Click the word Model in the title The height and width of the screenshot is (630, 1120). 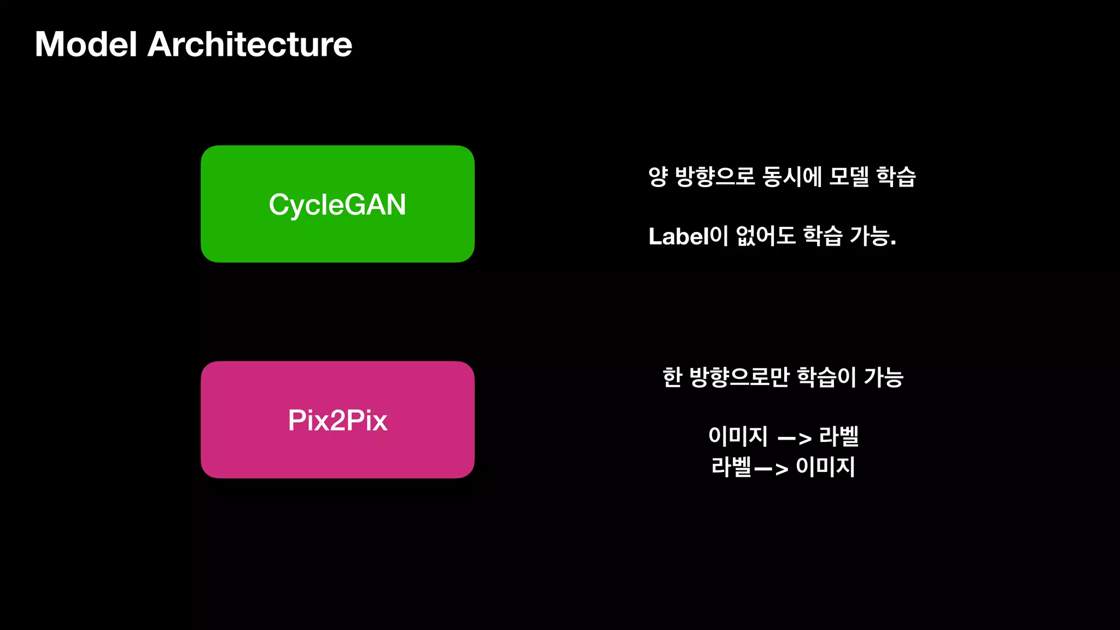tap(86, 44)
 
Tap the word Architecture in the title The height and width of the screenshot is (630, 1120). tap(250, 44)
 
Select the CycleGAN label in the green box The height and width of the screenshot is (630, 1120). tap(337, 205)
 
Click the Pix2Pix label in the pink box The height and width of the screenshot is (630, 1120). tap(337, 421)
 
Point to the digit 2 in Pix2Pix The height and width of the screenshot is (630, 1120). tap(337, 421)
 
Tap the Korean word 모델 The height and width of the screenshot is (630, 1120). tap(849, 177)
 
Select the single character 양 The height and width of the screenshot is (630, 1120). tap(658, 177)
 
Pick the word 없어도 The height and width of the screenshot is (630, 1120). tap(766, 236)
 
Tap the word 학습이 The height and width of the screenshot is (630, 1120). tap(826, 377)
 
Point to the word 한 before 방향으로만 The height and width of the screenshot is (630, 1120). tap(672, 377)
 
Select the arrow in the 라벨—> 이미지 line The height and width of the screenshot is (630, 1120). tap(771, 468)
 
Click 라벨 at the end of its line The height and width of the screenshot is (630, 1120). tap(839, 436)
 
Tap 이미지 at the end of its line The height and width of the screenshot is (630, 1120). tap(825, 466)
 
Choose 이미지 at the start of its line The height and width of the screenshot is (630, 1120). tap(738, 436)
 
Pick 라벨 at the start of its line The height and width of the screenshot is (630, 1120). tap(732, 466)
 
